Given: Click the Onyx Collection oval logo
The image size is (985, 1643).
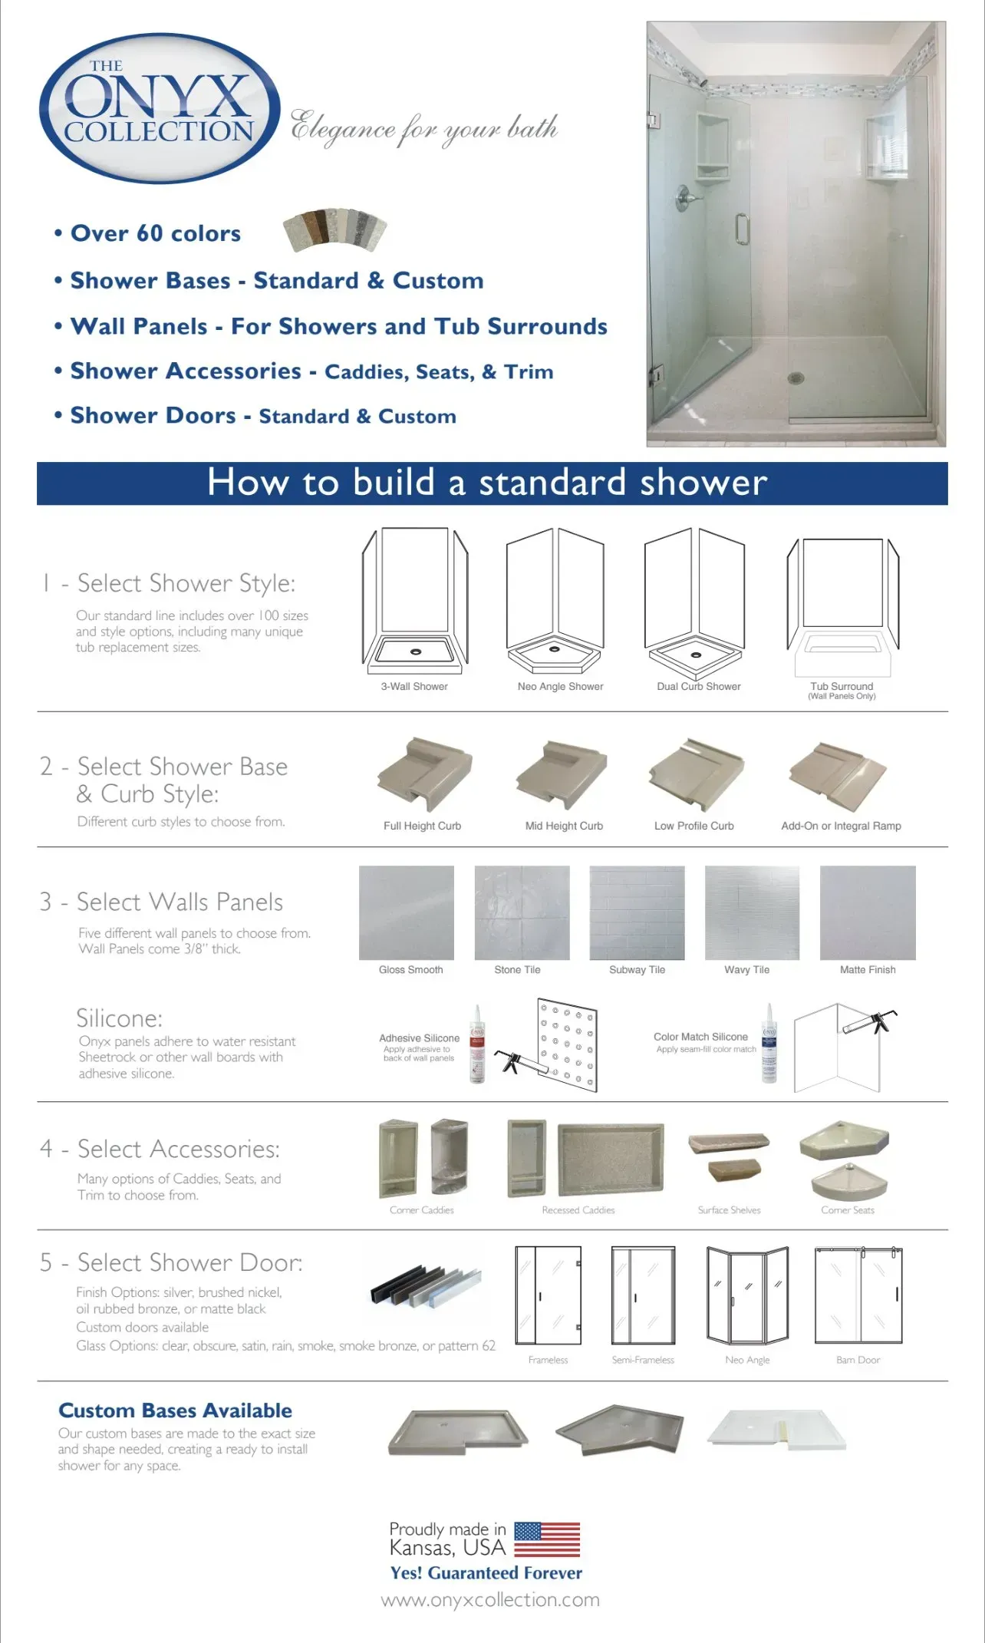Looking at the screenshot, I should coord(159,108).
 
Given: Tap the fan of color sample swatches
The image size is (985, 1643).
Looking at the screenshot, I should coord(335,229).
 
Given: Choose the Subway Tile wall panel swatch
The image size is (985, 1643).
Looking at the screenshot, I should coord(637,912).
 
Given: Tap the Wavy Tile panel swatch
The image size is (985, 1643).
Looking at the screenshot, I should coord(752,912).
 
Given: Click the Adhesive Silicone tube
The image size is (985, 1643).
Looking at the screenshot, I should coord(477,1044).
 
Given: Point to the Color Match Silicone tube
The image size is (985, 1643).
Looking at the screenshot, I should coord(769,1043).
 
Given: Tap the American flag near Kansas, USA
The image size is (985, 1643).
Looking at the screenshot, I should coord(546,1539).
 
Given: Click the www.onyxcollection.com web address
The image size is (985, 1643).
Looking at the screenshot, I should coord(490,1600).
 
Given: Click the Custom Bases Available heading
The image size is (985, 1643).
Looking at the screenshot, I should coord(175,1410).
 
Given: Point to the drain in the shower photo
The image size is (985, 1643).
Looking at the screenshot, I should coord(796,378).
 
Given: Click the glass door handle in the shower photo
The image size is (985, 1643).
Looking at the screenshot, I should coord(741,229).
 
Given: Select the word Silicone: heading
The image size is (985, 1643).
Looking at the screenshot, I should coord(119,1018).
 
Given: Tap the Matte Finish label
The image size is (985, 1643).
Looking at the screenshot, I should coord(868,970).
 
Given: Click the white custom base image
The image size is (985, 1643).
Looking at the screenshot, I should coord(776,1430).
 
